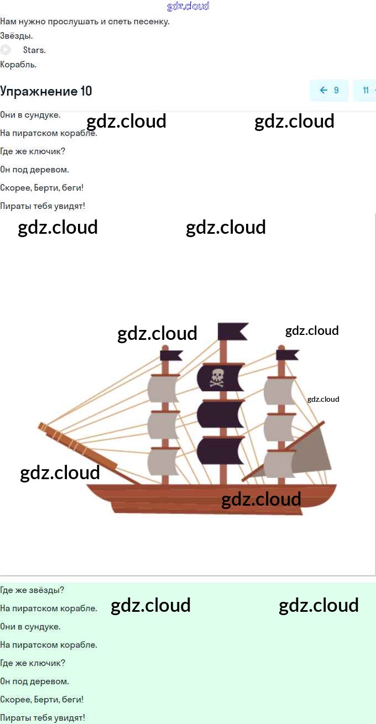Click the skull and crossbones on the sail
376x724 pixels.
tap(217, 377)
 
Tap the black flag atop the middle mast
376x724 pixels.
tap(232, 331)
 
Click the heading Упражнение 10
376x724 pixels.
tap(46, 91)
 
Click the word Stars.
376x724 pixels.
tap(34, 50)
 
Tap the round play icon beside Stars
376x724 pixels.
tap(6, 50)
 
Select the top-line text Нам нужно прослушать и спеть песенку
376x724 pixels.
tap(85, 22)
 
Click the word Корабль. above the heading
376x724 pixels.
tap(18, 64)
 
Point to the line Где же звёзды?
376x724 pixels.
tap(32, 590)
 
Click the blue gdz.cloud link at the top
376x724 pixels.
tap(188, 6)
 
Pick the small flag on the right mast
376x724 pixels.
tap(288, 354)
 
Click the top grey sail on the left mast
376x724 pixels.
tap(163, 390)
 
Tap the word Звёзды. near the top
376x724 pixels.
tap(17, 36)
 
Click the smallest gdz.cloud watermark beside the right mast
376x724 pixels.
tap(323, 399)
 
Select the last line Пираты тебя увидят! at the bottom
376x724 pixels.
tap(43, 718)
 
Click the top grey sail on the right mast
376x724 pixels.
tap(279, 391)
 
